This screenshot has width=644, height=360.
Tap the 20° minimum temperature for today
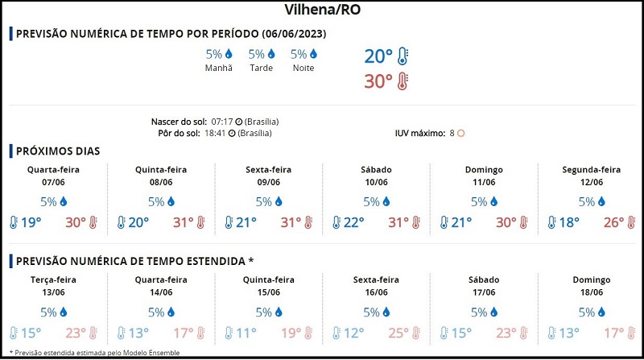[x=378, y=56]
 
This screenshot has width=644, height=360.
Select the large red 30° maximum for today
[x=378, y=81]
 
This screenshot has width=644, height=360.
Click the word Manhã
[x=218, y=68]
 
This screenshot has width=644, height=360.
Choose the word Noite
[x=303, y=68]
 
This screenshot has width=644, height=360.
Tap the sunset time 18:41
[x=215, y=132]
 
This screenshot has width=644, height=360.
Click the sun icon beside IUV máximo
[x=461, y=133]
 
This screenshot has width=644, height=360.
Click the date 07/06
[x=54, y=183]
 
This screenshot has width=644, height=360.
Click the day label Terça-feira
[x=54, y=280]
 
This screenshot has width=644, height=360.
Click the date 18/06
[x=591, y=293]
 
